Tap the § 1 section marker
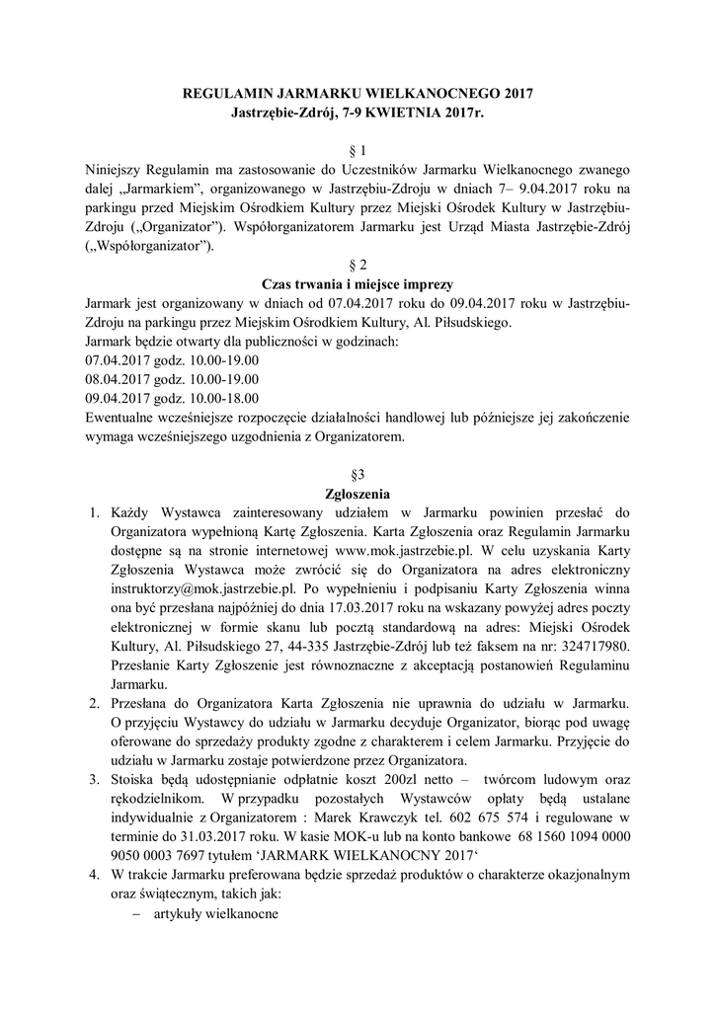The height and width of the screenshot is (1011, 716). tap(358, 151)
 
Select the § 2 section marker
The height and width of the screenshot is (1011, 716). tap(358, 265)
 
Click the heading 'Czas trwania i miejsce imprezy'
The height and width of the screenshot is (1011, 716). tap(358, 283)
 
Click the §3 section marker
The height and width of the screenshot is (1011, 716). tap(358, 474)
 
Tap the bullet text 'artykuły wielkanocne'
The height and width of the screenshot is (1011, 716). tap(216, 914)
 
